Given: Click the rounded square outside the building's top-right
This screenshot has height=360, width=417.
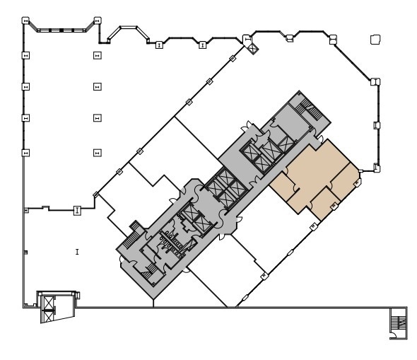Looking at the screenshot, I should (x=375, y=40).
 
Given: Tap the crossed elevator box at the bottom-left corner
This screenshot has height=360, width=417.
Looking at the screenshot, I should (x=49, y=305).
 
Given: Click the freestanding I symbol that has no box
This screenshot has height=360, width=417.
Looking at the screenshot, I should (x=76, y=251).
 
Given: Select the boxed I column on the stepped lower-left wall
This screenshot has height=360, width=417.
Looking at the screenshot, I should (x=77, y=209).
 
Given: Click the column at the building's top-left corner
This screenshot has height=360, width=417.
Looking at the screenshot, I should (x=25, y=22).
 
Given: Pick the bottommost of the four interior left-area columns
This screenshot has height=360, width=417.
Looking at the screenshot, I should (x=98, y=151).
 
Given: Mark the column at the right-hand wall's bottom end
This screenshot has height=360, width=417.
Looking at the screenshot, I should (x=378, y=168).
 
